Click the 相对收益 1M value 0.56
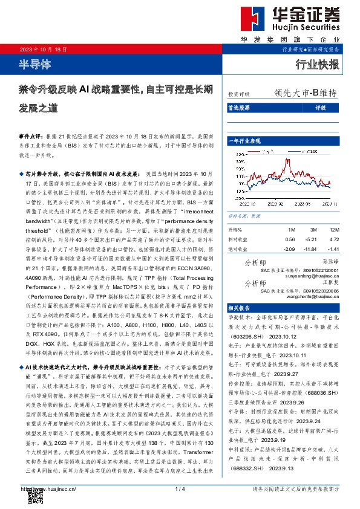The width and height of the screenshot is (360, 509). click(x=291, y=239)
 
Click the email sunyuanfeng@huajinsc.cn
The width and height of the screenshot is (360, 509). click(x=309, y=274)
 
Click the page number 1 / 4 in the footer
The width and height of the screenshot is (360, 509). click(x=179, y=488)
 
